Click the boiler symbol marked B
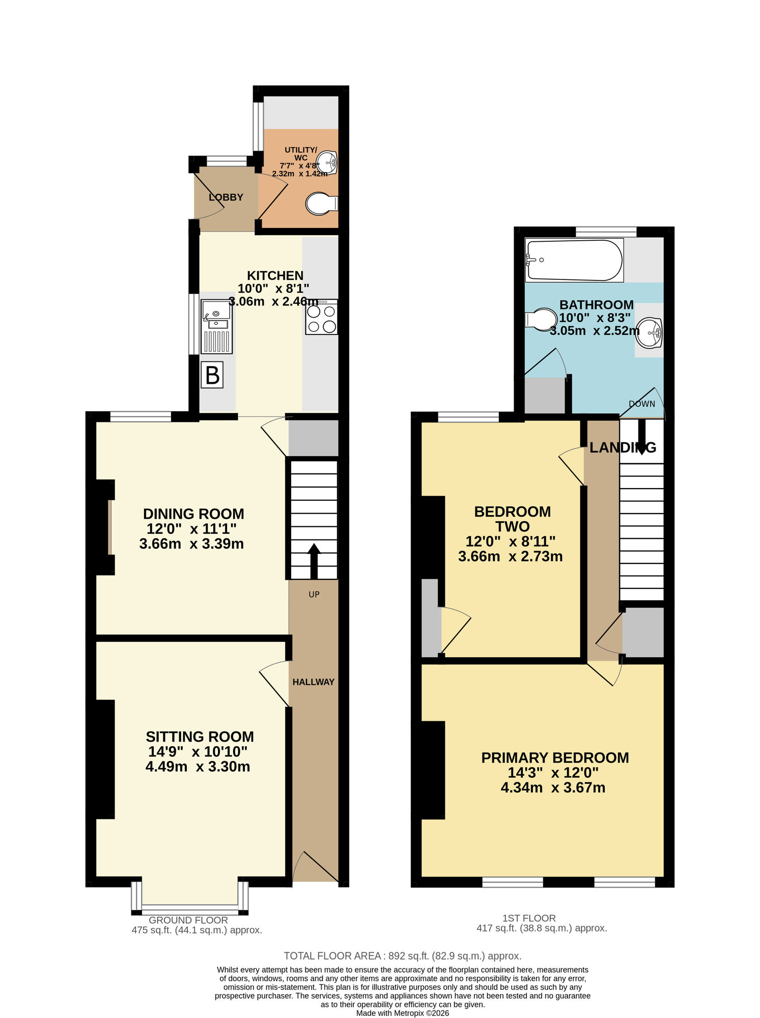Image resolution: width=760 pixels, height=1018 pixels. [212, 375]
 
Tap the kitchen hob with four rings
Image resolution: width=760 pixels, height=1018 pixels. [321, 317]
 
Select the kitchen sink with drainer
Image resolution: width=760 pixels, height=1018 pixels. [217, 327]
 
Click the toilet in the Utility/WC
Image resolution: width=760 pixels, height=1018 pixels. [321, 204]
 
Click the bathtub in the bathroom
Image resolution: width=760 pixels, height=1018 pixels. [574, 260]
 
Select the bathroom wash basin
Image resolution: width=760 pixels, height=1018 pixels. [650, 332]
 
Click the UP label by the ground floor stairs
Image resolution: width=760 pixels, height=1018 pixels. [314, 595]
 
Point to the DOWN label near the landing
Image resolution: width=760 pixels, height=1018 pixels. [641, 404]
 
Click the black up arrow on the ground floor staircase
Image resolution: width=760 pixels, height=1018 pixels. [314, 560]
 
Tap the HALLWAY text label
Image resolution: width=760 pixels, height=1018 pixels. [313, 682]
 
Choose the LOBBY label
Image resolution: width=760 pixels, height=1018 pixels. [226, 197]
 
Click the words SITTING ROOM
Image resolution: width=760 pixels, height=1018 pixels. [200, 737]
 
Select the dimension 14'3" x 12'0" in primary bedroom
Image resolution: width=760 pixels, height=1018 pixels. [553, 773]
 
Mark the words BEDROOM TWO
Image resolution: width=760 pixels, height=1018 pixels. [512, 519]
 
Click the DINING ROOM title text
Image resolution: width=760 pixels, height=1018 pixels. [193, 514]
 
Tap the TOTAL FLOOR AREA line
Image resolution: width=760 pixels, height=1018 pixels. [402, 956]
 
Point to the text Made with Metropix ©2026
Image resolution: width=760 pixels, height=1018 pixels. [402, 1013]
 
